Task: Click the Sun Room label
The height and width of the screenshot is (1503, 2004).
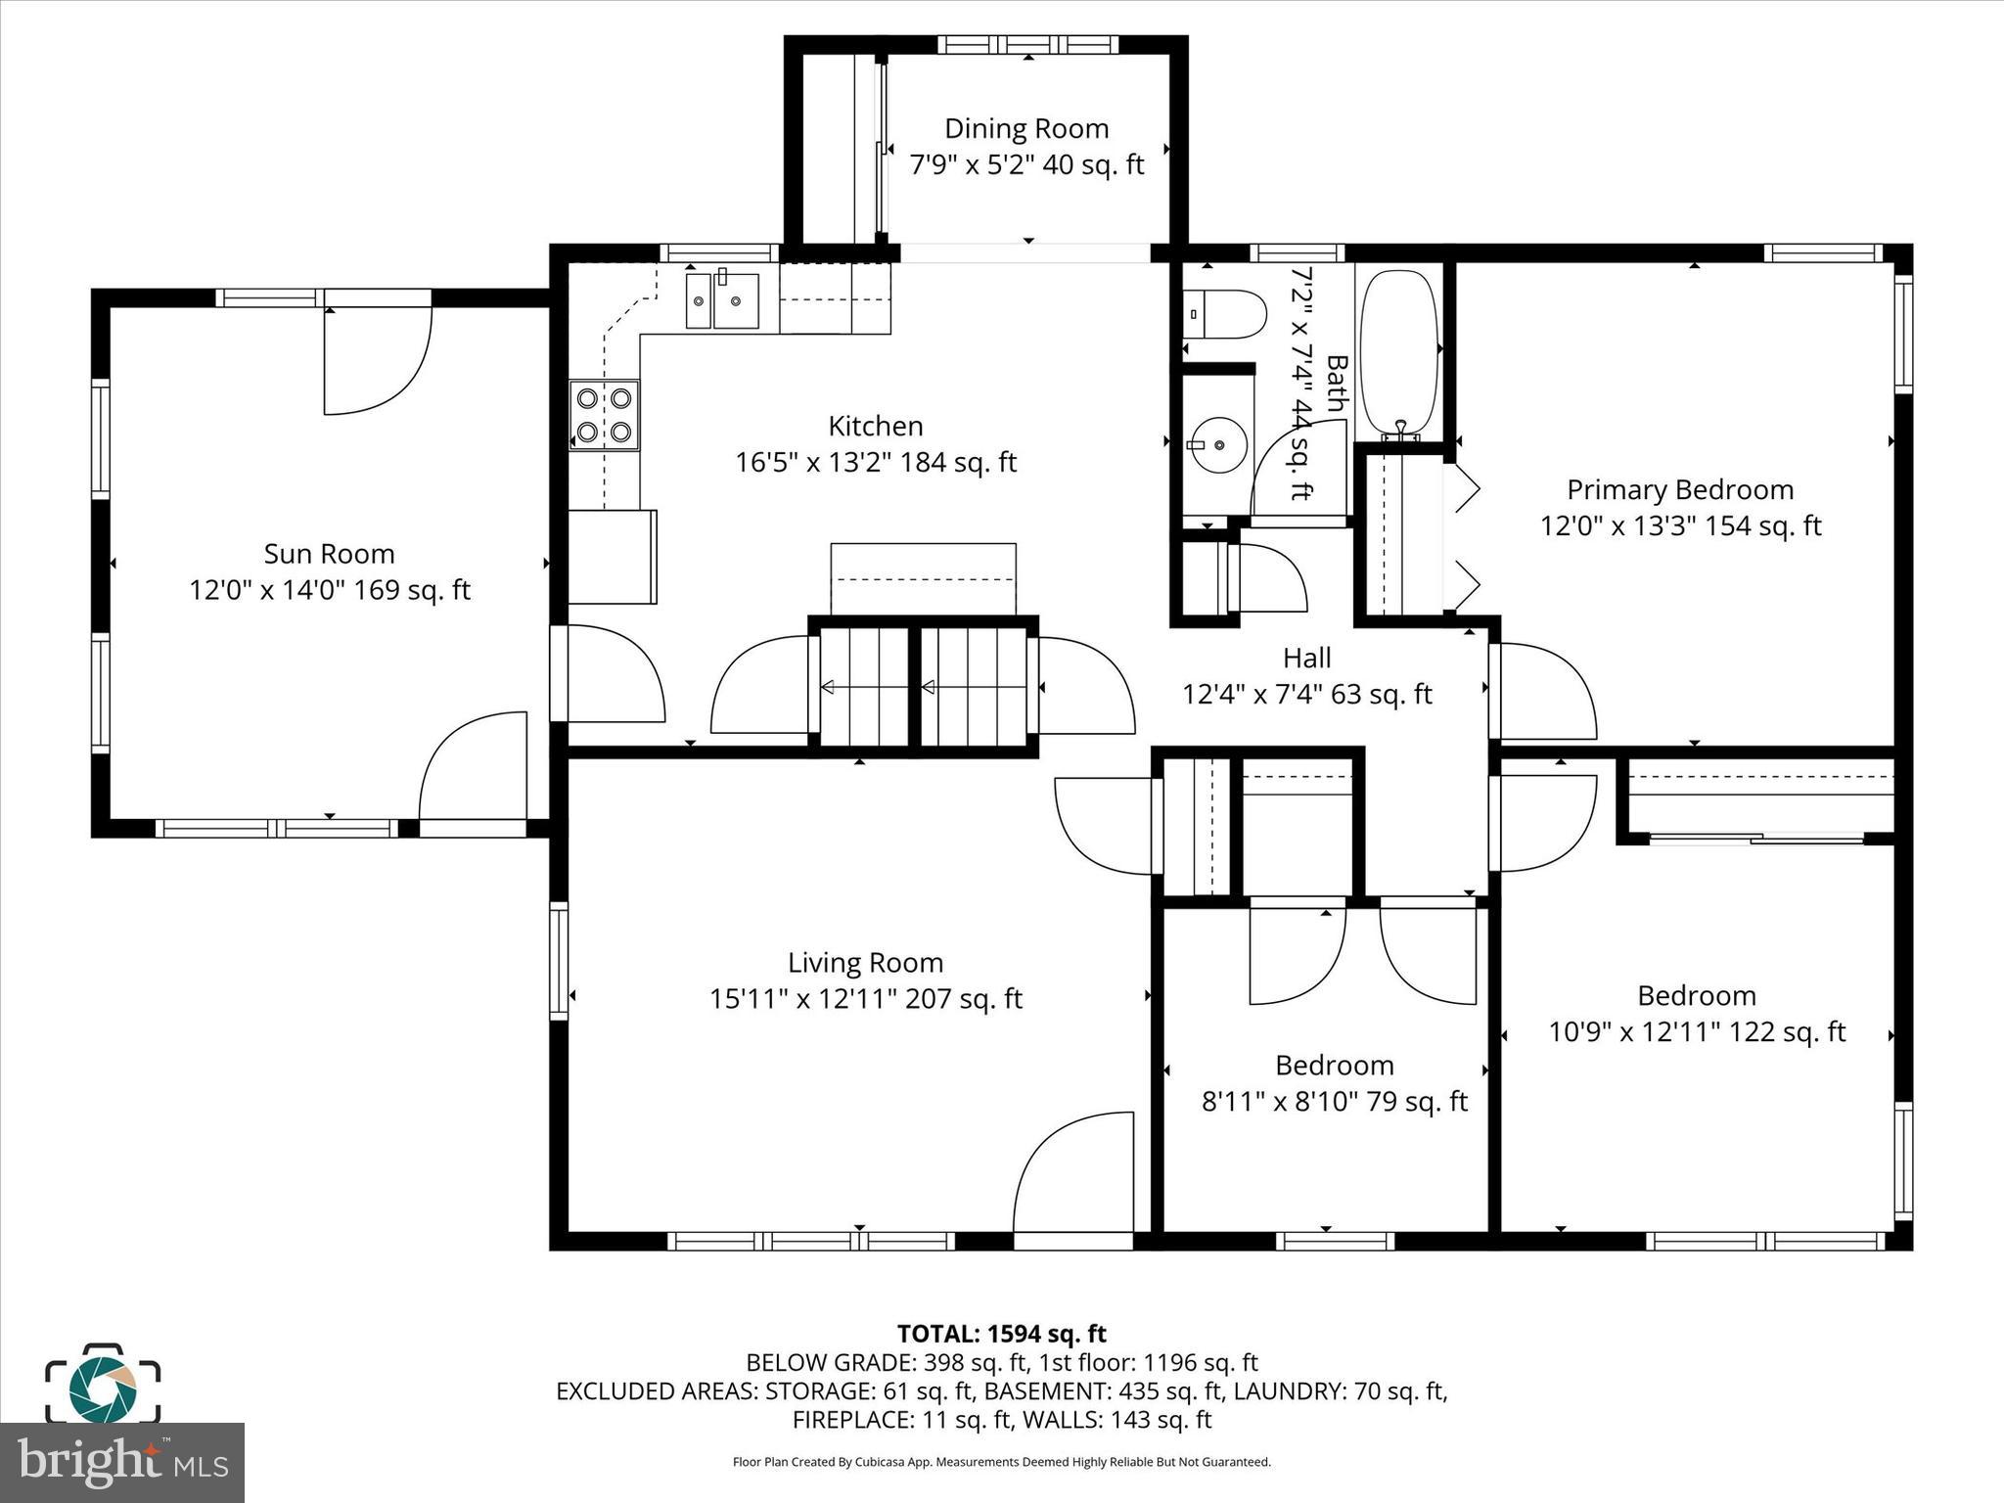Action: tap(329, 554)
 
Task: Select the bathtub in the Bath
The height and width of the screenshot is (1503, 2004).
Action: tap(1399, 353)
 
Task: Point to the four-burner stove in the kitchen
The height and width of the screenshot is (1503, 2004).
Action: tap(604, 415)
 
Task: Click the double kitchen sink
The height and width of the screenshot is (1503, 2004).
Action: tap(722, 300)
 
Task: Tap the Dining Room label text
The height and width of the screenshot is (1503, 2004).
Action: tap(1026, 129)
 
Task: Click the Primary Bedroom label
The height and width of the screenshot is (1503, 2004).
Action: tap(1680, 489)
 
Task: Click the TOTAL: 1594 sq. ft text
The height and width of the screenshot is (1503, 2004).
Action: tap(1001, 1334)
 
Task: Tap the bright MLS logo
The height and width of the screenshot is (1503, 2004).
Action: tap(122, 1462)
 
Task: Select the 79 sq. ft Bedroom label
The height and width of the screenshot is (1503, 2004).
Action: tap(1334, 1065)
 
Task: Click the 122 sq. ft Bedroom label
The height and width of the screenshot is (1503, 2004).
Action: tap(1696, 995)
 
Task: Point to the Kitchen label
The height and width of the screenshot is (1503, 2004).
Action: tap(876, 427)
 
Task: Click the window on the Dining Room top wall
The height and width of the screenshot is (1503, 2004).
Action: tap(1027, 44)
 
